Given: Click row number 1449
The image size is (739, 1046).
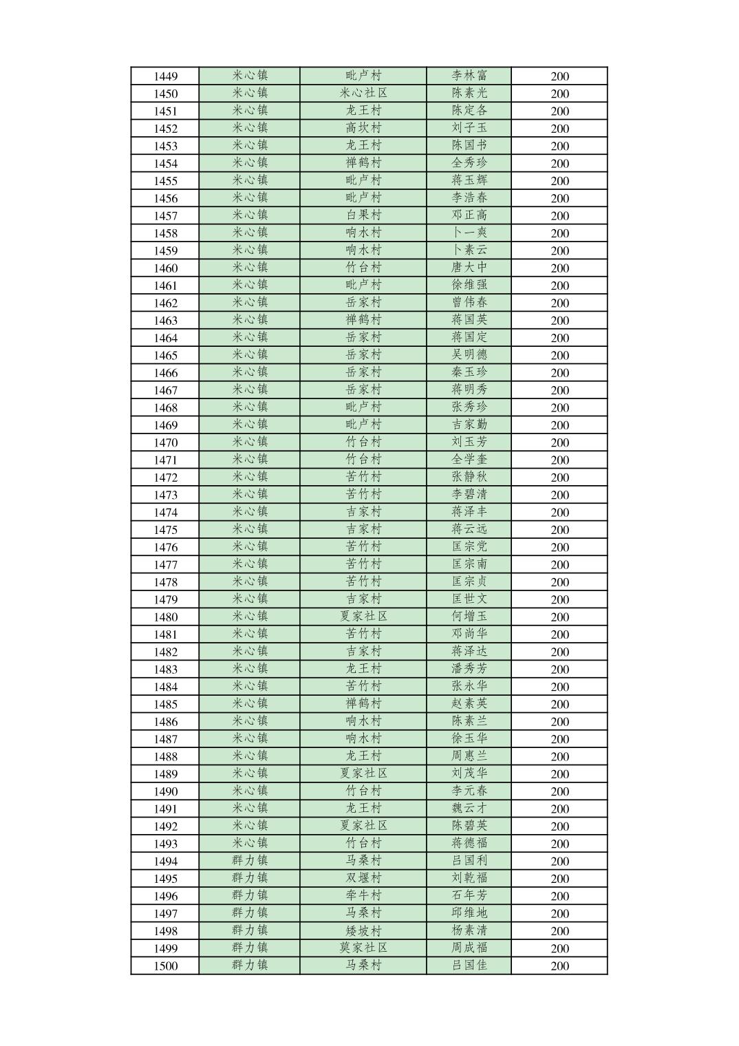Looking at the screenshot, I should point(165,76).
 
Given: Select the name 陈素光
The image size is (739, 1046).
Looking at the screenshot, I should point(469,94).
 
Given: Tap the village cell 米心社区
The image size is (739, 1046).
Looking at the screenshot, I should point(363,94).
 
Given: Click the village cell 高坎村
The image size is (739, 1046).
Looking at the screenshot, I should point(363,129).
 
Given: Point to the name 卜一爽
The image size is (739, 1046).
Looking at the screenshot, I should point(469,233).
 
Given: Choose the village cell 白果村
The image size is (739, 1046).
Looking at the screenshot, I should point(363,215).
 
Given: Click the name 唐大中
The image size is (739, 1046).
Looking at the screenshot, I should point(469,268).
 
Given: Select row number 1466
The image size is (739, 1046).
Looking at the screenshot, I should point(165,373).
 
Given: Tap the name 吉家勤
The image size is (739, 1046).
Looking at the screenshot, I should point(469,425).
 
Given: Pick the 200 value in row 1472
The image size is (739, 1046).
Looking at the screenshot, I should point(559,478).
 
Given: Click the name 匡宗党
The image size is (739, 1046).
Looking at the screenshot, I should point(469,547).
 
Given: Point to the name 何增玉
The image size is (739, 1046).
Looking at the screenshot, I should point(469,617).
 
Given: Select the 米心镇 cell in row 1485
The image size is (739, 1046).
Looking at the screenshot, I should point(250,704).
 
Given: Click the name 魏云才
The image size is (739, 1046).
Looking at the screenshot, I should point(469,809).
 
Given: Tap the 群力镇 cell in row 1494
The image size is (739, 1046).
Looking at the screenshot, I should point(250,861).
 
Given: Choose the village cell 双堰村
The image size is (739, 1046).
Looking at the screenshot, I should point(363,878).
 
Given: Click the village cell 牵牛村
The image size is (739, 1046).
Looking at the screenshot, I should point(363,896).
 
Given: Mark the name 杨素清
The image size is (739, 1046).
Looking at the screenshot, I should point(469,930).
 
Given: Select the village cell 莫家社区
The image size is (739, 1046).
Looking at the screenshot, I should point(363,948).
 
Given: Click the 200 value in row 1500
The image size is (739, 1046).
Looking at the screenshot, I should point(559,965).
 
